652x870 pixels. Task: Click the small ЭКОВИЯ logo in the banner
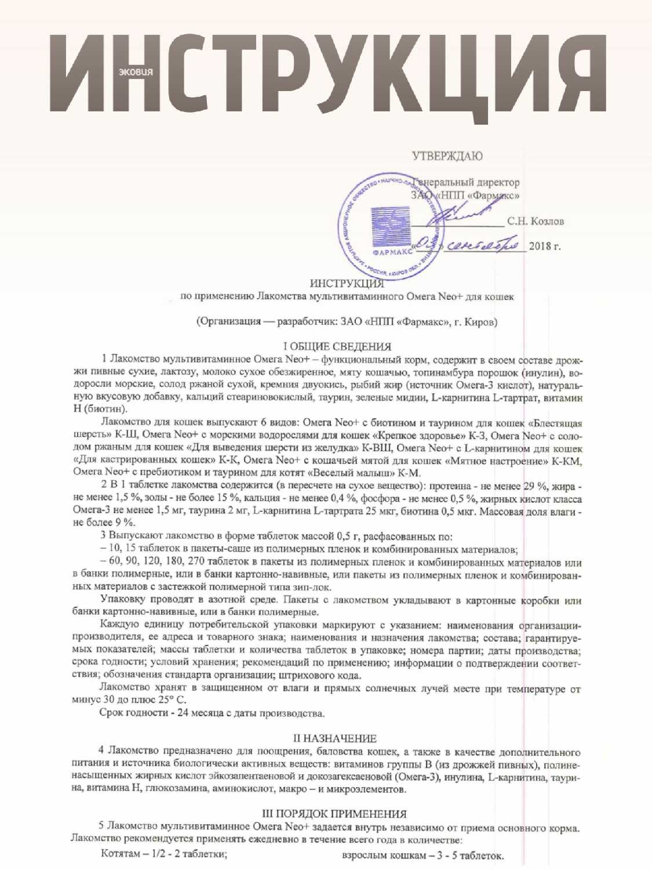pyautogui.click(x=136, y=72)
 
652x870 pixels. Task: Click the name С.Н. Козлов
pyautogui.click(x=535, y=221)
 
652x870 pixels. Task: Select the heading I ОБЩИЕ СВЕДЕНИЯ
pyautogui.click(x=333, y=347)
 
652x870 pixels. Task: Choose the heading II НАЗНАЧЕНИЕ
pyautogui.click(x=335, y=738)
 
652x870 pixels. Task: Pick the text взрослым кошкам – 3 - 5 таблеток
pyautogui.click(x=423, y=855)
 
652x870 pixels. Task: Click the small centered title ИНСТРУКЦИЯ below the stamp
pyautogui.click(x=347, y=284)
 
